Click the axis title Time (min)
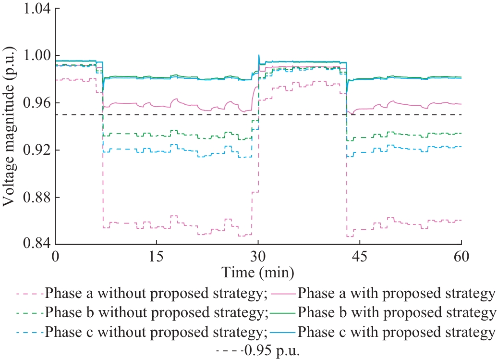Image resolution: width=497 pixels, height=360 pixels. point(258,273)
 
